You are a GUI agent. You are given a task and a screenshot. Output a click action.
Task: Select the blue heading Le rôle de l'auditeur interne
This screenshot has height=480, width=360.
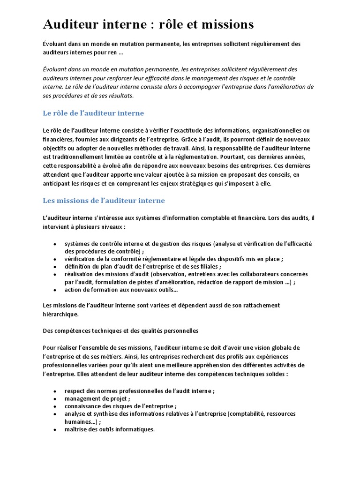pos(93,113)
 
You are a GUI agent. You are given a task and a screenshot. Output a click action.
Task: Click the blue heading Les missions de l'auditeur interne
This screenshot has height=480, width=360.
pos(104,201)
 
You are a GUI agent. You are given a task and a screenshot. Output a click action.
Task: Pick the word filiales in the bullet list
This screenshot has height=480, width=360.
pos(205,266)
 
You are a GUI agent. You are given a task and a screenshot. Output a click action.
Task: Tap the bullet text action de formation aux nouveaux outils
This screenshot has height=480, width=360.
pos(121,290)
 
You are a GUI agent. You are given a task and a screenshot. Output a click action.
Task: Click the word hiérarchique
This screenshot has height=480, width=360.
pos(60,314)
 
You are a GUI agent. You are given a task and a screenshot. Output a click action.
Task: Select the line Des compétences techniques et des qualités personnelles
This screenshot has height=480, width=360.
pos(120,330)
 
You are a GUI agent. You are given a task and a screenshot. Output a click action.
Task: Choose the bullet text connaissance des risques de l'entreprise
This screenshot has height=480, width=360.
pos(120,406)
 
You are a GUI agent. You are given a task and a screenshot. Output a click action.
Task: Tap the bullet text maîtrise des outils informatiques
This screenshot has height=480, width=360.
pos(110,429)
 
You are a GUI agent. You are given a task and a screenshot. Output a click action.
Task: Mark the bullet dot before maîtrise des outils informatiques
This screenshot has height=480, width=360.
pos(55,430)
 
